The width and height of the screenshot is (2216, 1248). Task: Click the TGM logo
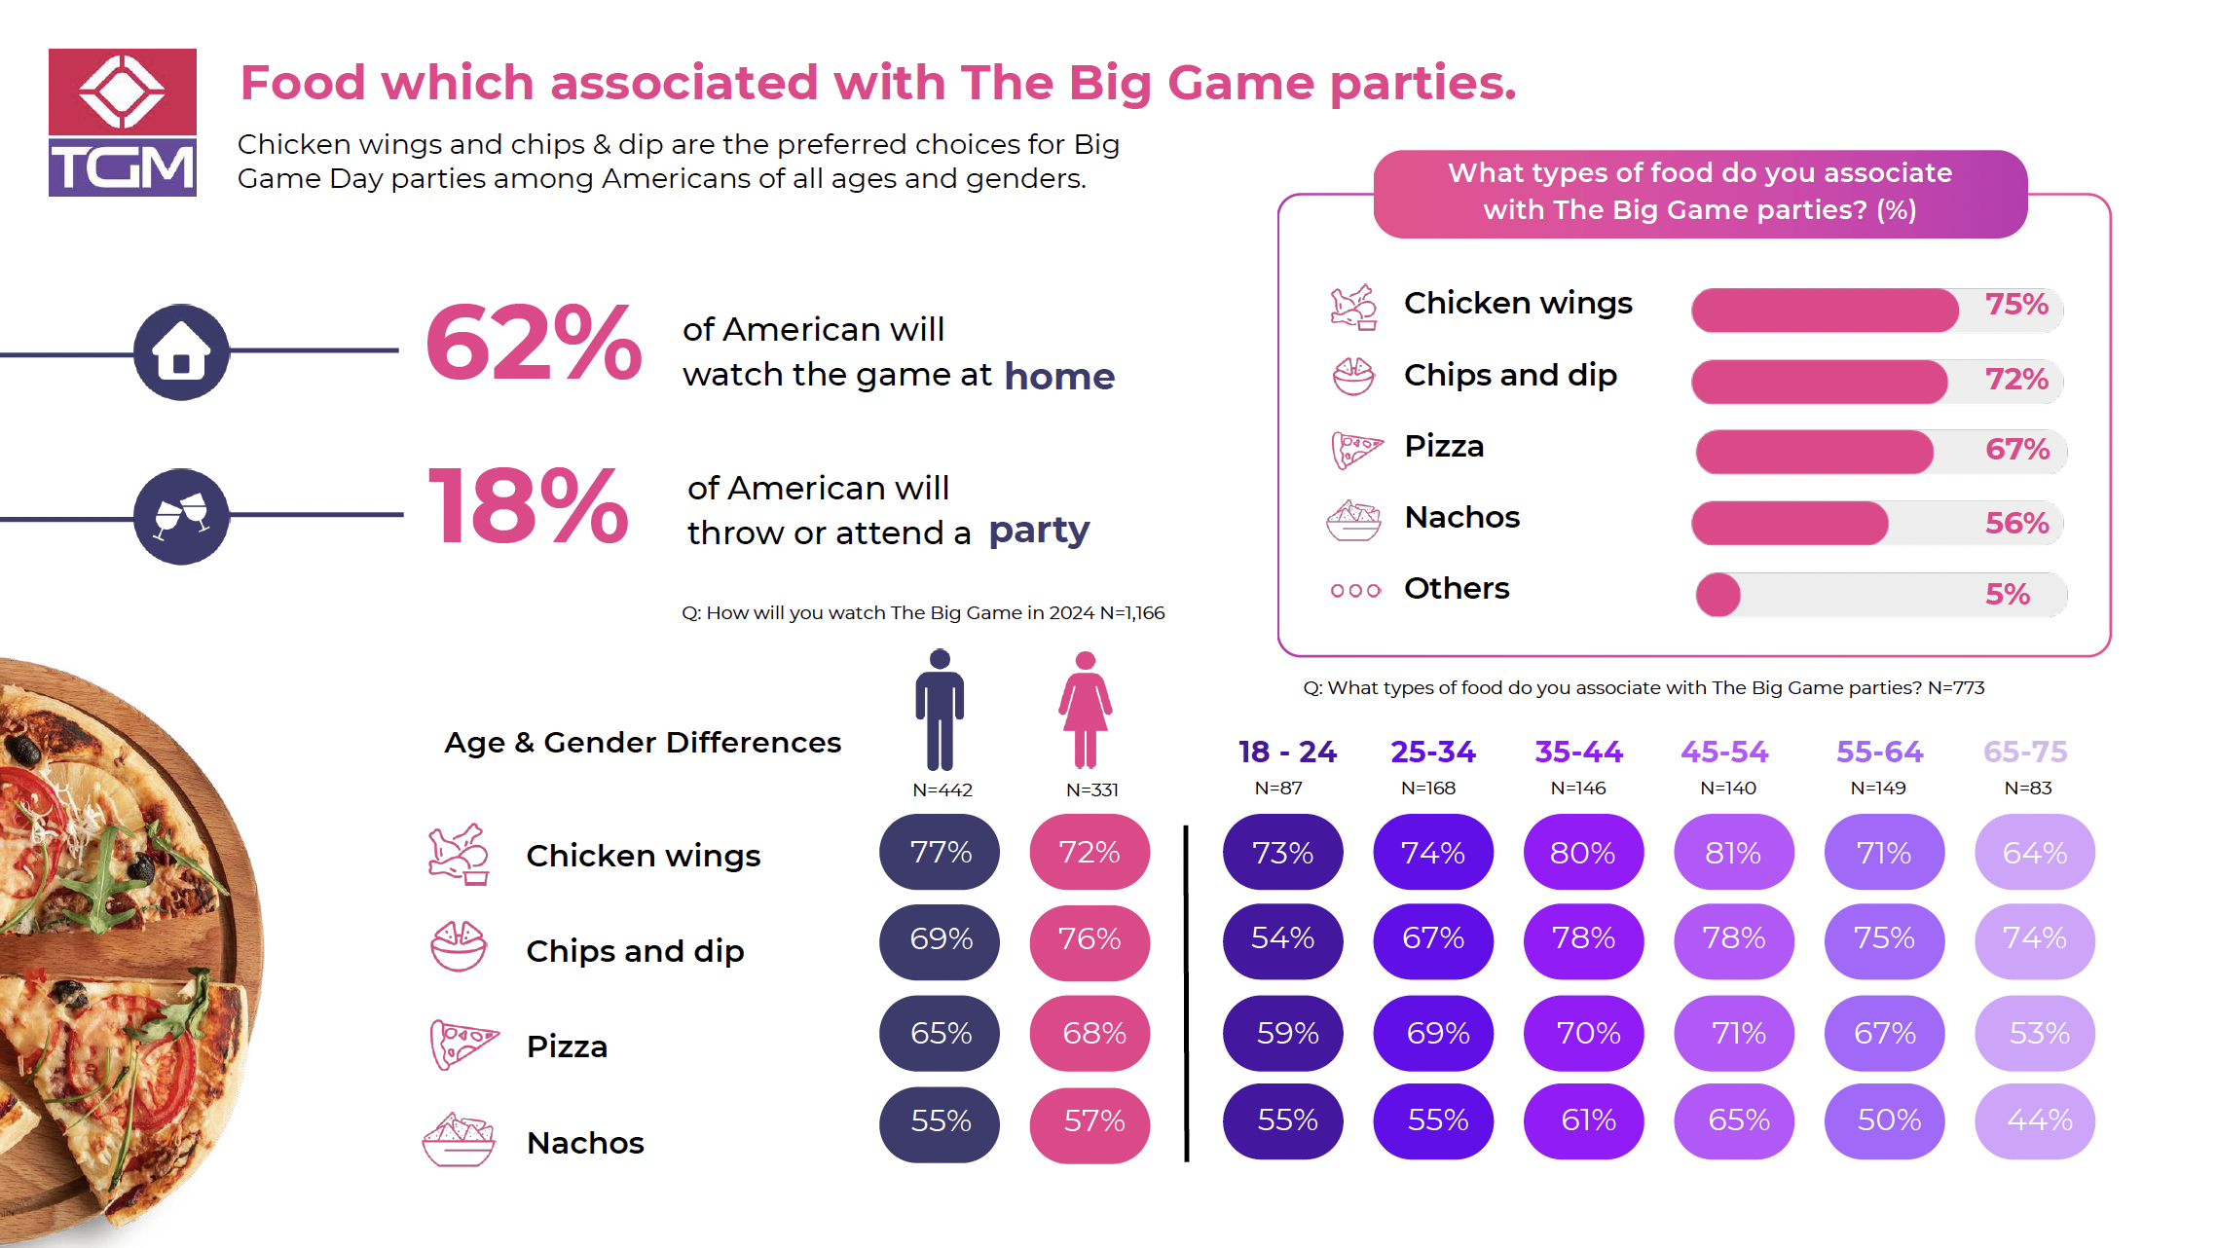click(x=123, y=123)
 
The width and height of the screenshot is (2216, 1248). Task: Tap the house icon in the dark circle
click(x=181, y=351)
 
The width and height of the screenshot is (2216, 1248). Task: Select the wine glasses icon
click(x=181, y=515)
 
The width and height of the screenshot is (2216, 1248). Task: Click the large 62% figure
click(x=534, y=344)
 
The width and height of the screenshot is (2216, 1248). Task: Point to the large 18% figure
click(x=529, y=506)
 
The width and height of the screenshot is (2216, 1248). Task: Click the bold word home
click(x=1059, y=376)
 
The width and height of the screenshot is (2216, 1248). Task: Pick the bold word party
click(x=1039, y=531)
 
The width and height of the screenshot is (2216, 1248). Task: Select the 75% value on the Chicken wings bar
click(x=2016, y=305)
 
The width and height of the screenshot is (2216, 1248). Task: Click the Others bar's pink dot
click(x=1718, y=594)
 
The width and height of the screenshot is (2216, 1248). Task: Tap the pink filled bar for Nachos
click(x=1790, y=523)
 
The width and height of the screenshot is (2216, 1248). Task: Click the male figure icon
click(x=940, y=710)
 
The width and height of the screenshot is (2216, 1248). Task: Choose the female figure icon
click(x=1086, y=710)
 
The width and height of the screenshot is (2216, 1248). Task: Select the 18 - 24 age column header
click(x=1287, y=752)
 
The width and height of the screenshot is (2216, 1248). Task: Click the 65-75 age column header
click(x=2025, y=752)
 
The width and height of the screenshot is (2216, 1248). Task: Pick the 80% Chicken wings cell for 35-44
click(x=1583, y=853)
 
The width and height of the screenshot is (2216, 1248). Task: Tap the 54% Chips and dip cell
click(x=1282, y=938)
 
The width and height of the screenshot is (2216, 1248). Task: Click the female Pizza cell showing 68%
click(x=1090, y=1033)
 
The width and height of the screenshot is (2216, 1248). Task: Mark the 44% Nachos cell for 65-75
click(x=2035, y=1120)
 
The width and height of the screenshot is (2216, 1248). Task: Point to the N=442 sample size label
click(x=942, y=789)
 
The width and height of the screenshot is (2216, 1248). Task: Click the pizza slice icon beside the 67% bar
click(x=1356, y=449)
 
